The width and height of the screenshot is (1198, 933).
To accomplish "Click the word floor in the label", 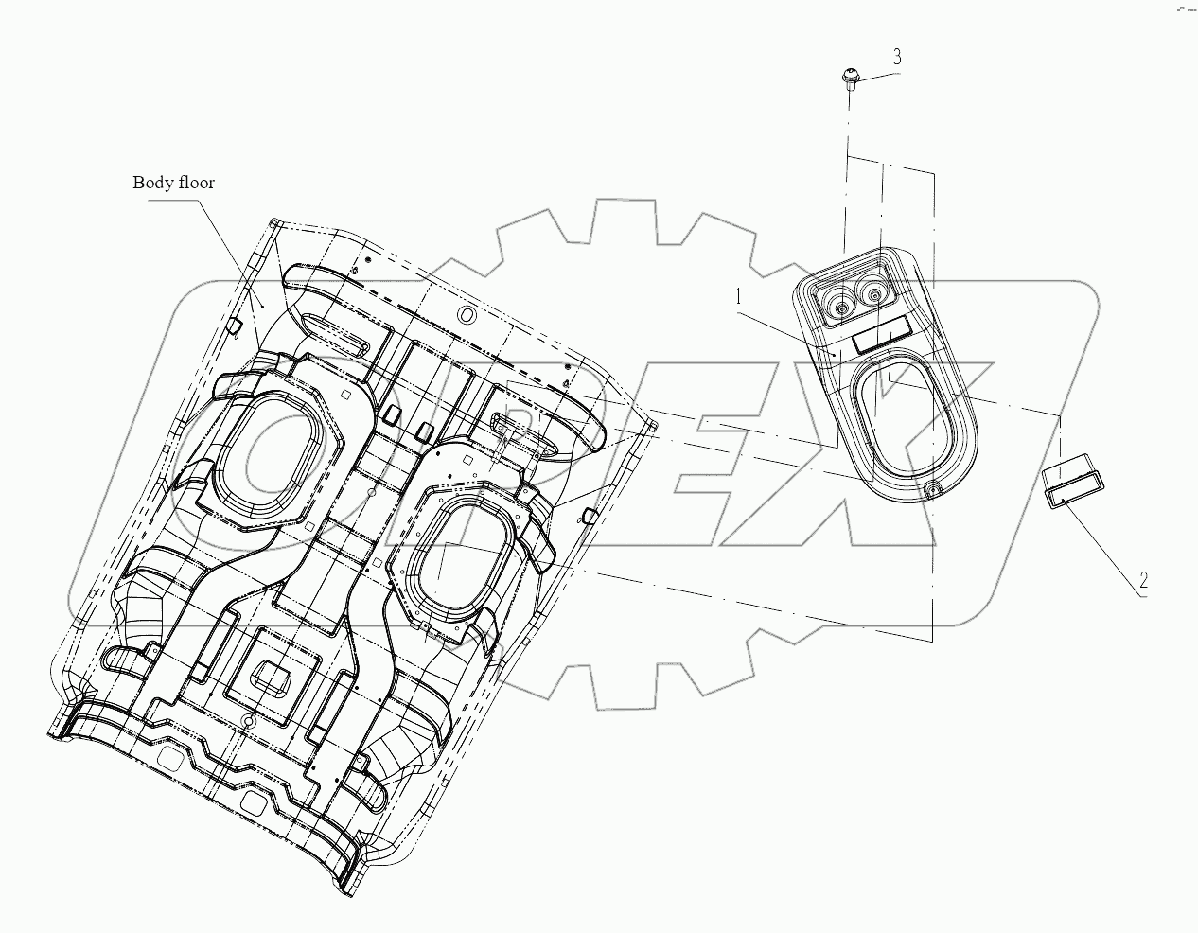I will (x=196, y=183).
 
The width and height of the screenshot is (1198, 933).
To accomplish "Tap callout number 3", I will (x=895, y=57).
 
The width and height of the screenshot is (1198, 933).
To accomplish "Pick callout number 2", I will (x=1143, y=581).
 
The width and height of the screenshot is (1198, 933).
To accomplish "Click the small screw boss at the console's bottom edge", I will (x=932, y=489).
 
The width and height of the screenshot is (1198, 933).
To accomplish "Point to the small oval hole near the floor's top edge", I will (x=465, y=313).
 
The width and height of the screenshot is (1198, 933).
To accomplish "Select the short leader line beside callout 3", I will (x=872, y=73).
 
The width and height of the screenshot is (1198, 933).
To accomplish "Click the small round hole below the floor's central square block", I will (x=248, y=722).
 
